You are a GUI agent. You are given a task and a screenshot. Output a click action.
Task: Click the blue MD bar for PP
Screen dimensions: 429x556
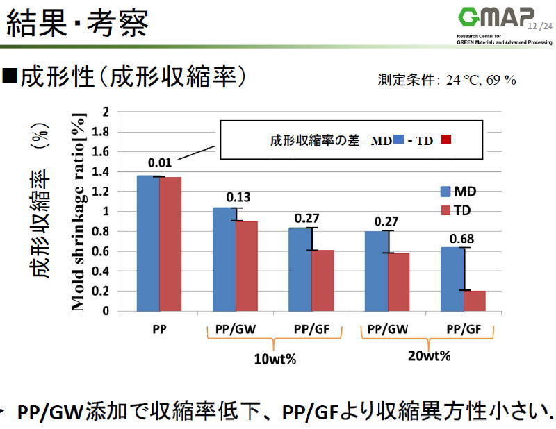148,243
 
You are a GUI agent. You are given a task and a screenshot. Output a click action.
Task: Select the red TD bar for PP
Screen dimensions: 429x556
170,244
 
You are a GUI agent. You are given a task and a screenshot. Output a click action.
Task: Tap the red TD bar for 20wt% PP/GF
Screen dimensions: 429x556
475,301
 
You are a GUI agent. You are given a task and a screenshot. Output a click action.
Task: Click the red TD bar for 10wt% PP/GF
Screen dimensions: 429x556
322,280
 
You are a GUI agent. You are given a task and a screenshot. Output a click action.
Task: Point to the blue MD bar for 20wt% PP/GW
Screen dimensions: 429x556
376,271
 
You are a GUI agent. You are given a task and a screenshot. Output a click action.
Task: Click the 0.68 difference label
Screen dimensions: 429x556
461,239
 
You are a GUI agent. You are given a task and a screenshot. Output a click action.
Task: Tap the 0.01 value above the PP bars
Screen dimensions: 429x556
159,162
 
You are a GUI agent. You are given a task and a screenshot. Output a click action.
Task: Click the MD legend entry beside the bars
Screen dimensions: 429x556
457,192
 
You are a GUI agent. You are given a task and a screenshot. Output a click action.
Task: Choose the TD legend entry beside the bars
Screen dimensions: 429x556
457,210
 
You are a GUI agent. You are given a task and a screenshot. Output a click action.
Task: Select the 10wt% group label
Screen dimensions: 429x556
272,360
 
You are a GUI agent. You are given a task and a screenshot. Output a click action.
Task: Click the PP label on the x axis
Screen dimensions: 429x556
159,328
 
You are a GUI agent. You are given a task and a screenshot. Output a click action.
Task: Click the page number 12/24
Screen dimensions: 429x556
540,26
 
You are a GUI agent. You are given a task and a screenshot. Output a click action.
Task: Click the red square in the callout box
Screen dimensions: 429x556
446,140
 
